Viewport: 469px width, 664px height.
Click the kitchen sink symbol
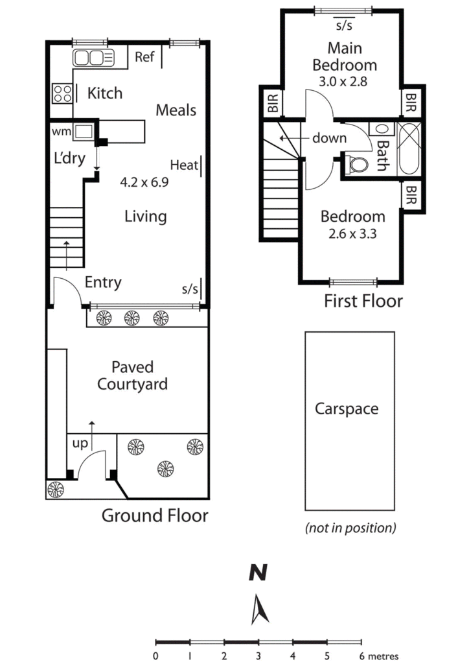(93, 58)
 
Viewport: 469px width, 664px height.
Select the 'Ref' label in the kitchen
(144, 57)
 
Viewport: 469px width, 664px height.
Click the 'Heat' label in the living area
(184, 165)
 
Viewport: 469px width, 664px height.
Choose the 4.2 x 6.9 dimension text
(144, 182)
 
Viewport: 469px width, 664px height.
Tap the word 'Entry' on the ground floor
(103, 283)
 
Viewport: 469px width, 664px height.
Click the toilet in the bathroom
(358, 165)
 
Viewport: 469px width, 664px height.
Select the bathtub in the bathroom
(409, 148)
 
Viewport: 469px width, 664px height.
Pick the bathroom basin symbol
(382, 129)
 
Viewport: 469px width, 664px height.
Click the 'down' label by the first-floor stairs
(330, 138)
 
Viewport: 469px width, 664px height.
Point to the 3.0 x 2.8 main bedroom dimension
(343, 81)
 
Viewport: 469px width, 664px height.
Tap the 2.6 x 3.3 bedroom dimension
(352, 233)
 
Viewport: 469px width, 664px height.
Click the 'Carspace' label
(347, 409)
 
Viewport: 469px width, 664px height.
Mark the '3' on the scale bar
(258, 656)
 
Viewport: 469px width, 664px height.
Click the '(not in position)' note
(350, 528)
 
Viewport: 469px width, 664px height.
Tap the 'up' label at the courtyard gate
(80, 444)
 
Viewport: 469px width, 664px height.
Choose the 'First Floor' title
(363, 301)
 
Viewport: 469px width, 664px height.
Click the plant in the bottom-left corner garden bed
(56, 490)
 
